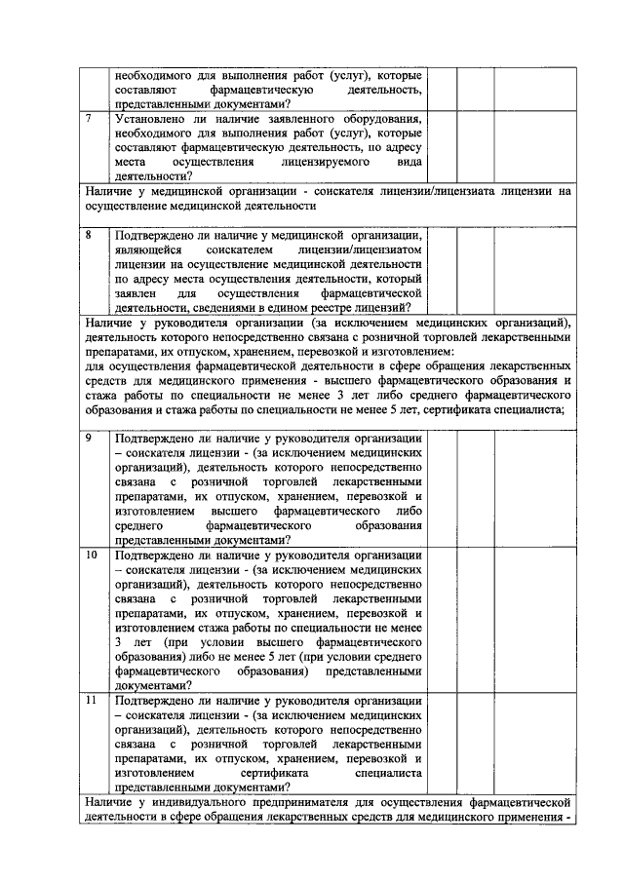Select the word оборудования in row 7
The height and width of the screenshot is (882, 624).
pyautogui.click(x=379, y=119)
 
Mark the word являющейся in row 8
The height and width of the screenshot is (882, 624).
pyautogui.click(x=147, y=249)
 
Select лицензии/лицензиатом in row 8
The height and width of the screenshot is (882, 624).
pyautogui.click(x=360, y=249)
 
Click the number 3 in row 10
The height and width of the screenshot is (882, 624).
pyautogui.click(x=117, y=643)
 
